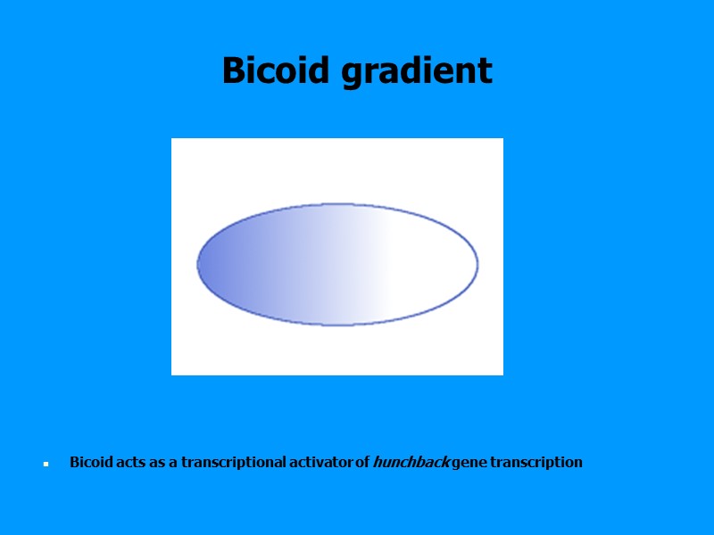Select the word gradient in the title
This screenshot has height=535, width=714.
point(417,70)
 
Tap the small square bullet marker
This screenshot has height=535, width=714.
point(45,465)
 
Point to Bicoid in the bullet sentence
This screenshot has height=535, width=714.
point(91,462)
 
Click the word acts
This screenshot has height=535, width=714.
point(130,462)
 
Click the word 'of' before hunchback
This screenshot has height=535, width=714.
point(362,462)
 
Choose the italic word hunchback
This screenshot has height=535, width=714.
point(411,462)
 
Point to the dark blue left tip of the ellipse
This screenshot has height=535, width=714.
point(199,264)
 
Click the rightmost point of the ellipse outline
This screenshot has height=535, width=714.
point(477,264)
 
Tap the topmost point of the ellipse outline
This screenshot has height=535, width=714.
point(337,204)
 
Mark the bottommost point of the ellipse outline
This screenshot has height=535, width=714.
point(337,325)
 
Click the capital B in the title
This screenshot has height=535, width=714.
point(233,70)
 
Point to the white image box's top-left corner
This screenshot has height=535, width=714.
point(172,139)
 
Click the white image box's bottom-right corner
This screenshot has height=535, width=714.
point(502,374)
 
